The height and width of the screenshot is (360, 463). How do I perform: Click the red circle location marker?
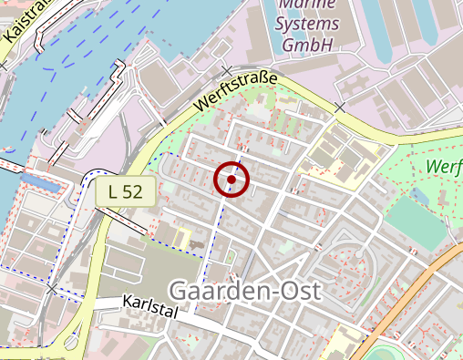coord(232,180)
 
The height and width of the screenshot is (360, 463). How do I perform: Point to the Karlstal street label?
coord(150,303)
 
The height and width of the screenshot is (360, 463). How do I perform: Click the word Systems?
coord(307,23)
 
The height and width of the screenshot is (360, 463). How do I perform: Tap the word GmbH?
coord(307,43)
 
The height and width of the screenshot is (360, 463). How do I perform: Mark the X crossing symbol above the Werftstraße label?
coord(227,71)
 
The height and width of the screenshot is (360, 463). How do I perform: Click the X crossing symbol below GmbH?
coord(340,108)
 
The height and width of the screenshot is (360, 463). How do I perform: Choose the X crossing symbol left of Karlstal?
coord(52,289)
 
